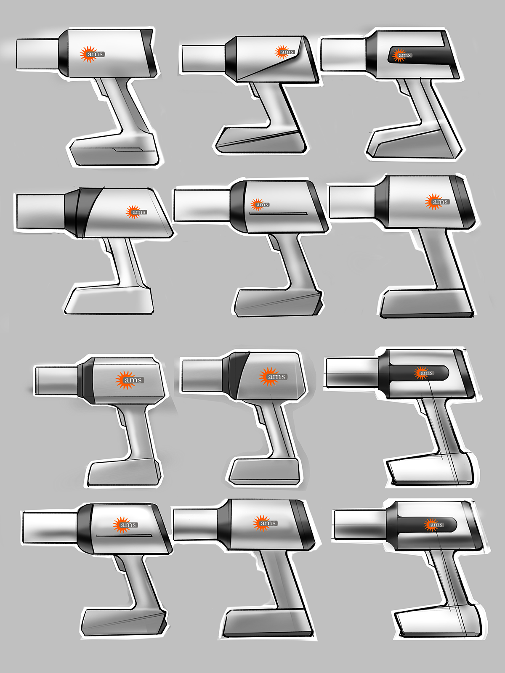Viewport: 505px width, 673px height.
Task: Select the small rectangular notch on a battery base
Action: point(128,149)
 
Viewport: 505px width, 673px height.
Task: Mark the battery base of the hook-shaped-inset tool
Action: point(415,145)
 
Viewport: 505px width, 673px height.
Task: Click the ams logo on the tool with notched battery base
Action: point(92,54)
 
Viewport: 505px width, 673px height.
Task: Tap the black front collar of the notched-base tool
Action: point(62,53)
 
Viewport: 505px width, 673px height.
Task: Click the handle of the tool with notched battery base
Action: point(122,105)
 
